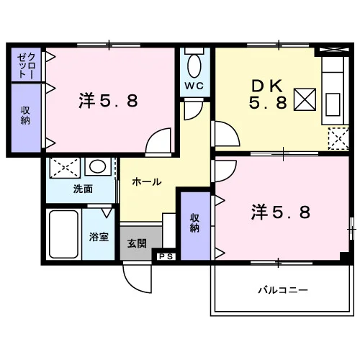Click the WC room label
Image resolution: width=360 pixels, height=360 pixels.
[194, 86]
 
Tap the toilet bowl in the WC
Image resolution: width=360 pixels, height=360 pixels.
[194, 66]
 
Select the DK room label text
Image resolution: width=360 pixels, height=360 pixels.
[268, 95]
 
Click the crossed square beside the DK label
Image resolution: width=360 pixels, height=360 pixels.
[305, 99]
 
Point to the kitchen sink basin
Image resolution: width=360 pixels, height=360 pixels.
[333, 104]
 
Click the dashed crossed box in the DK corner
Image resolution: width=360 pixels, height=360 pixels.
[338, 139]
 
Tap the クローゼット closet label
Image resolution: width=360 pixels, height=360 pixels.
[26, 66]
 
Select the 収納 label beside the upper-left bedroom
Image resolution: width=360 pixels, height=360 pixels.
[25, 116]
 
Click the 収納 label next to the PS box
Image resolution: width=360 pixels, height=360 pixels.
[194, 223]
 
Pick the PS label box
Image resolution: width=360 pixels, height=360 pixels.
[166, 256]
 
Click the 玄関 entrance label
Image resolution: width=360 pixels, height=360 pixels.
[137, 244]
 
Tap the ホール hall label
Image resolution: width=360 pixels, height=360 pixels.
[147, 182]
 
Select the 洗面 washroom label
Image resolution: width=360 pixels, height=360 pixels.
[83, 189]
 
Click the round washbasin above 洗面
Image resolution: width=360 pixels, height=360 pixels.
[98, 166]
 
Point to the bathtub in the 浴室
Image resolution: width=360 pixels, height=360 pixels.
[63, 234]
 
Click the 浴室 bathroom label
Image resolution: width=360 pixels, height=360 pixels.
[99, 237]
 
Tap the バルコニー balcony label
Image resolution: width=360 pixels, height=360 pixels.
[283, 290]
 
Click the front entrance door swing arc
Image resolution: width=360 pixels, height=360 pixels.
[131, 286]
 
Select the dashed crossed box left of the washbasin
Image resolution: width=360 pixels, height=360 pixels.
[65, 168]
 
